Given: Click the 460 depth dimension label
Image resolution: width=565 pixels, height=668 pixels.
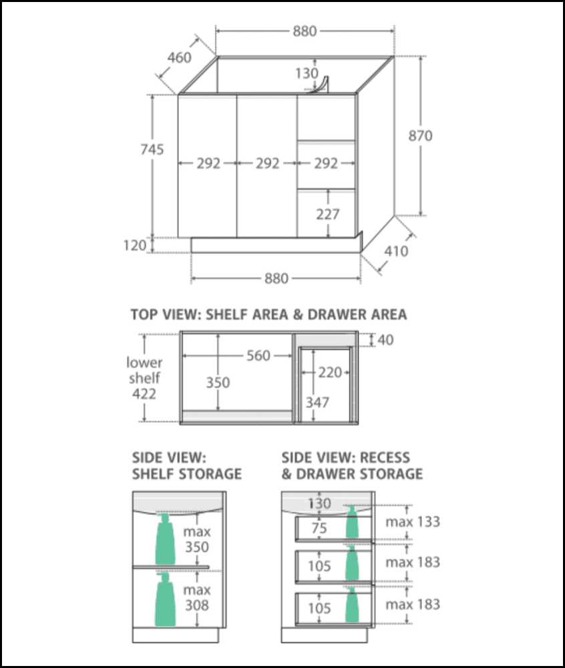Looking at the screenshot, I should click(x=179, y=57).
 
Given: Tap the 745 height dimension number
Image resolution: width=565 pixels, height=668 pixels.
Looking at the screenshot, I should click(x=152, y=150).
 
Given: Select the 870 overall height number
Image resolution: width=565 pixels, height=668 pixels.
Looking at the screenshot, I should click(x=421, y=136).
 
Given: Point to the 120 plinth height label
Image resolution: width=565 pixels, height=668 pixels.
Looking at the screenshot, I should click(x=135, y=246).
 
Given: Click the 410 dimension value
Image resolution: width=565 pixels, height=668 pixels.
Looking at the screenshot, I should click(x=397, y=252).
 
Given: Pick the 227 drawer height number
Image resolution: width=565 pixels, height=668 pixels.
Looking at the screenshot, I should click(x=328, y=214).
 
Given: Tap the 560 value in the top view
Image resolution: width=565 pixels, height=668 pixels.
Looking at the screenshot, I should click(x=258, y=355).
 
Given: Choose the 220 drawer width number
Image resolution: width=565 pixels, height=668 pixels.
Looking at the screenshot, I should click(x=329, y=373).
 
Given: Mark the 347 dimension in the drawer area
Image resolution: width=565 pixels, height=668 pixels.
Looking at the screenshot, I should click(x=319, y=402).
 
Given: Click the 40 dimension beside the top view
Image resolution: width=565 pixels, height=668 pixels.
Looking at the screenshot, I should click(x=385, y=340).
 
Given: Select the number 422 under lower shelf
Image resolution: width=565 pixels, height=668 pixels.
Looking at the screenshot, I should click(x=144, y=394).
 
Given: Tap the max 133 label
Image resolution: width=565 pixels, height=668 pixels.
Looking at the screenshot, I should click(x=413, y=522).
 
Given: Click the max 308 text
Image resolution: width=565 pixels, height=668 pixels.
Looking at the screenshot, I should click(x=196, y=598).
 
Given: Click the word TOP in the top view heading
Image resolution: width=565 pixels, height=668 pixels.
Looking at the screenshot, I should click(x=146, y=314).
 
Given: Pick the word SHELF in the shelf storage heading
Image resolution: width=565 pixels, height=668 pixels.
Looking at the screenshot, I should click(x=152, y=474).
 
